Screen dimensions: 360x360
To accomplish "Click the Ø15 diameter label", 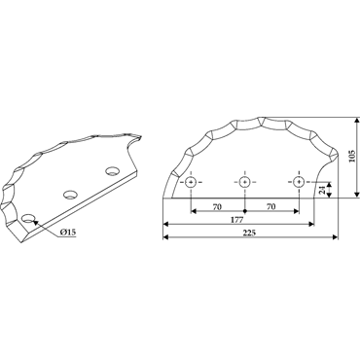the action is coord(68,232).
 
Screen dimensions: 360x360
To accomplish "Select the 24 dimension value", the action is coord(322,190).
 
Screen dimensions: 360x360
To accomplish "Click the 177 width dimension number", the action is coord(237,220).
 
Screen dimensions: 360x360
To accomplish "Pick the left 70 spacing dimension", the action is coord(217,206).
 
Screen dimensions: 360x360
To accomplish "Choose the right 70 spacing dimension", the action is coord(271,206).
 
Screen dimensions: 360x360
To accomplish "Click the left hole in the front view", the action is coord(191,182).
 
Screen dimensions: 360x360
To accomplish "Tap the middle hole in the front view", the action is coord(244,182).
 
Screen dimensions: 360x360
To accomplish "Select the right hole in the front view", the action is coord(299,182).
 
